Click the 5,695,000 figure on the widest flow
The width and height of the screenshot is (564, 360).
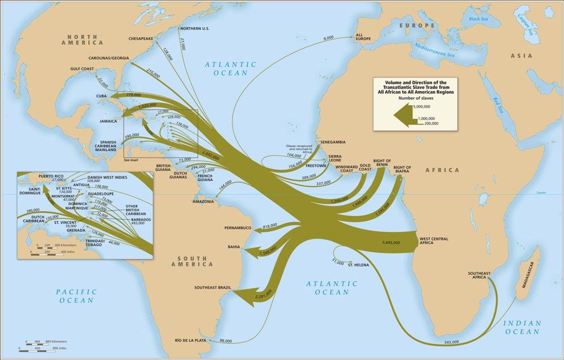click(392, 241)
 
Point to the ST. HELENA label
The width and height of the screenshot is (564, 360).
click(358, 266)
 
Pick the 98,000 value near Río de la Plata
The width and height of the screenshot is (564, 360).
click(225, 341)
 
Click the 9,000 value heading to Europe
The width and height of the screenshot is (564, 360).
click(329, 37)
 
